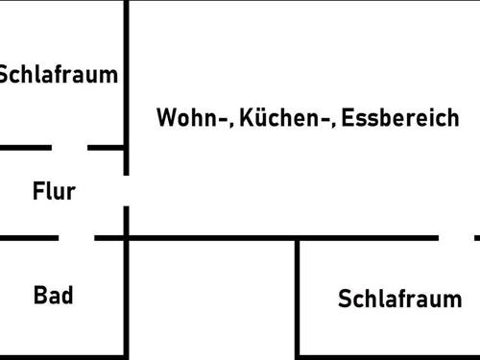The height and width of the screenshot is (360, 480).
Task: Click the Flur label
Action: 54,191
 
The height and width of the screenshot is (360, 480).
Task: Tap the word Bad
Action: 54,295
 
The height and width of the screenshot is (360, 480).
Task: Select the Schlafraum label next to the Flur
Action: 58,75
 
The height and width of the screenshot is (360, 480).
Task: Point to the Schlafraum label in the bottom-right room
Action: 399,299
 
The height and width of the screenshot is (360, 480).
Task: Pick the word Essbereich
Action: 399,119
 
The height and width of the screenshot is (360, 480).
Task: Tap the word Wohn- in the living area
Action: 194,119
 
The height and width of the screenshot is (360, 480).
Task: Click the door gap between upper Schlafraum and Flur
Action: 69,148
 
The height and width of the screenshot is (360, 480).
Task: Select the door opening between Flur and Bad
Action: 77,236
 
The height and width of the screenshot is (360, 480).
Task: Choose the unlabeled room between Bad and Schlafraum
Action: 211,298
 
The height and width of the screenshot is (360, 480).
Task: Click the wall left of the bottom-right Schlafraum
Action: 298,298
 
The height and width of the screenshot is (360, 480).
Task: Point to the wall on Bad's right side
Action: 127,298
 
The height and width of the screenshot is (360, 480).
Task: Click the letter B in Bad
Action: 40,295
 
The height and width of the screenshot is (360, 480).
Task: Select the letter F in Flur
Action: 38,191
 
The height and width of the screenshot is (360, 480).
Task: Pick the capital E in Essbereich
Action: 346,119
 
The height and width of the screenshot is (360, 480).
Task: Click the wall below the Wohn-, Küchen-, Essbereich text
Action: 288,236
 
